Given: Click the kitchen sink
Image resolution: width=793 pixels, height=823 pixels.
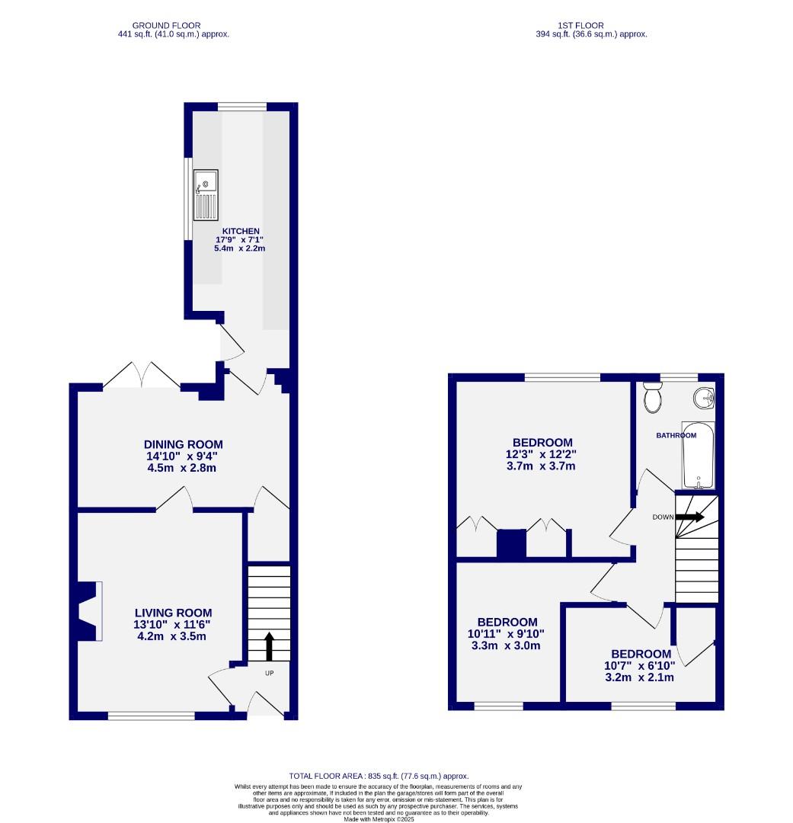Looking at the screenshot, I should point(206,194).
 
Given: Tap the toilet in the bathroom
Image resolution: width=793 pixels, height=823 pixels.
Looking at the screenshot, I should point(652,398).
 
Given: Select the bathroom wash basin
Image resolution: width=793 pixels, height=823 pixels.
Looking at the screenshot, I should point(704,397).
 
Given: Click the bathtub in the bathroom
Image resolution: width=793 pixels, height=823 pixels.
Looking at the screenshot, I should point(699,456).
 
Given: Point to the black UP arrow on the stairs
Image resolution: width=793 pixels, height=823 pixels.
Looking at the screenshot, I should point(269,645).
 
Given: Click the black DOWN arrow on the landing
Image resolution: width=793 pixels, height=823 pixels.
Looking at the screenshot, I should point(689,517).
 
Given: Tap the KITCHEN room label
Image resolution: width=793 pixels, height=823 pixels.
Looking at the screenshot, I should point(241,231).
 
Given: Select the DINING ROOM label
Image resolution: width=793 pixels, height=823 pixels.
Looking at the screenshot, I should point(184,445).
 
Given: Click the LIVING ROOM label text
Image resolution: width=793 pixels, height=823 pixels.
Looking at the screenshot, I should point(173,613).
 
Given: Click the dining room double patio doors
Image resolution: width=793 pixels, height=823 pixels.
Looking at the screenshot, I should point(142,377).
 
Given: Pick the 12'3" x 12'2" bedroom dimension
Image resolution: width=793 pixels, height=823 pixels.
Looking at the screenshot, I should point(542,454).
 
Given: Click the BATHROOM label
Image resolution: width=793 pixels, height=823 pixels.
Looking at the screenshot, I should point(676,436).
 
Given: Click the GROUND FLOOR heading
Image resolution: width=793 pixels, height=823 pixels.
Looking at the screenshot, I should point(166,25).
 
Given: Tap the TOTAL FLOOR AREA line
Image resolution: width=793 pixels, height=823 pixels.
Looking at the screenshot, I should point(379,776).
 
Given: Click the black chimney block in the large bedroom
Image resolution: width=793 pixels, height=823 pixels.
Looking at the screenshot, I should point(512,544).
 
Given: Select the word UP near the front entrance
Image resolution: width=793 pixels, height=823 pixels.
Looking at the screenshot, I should point(270,674).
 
